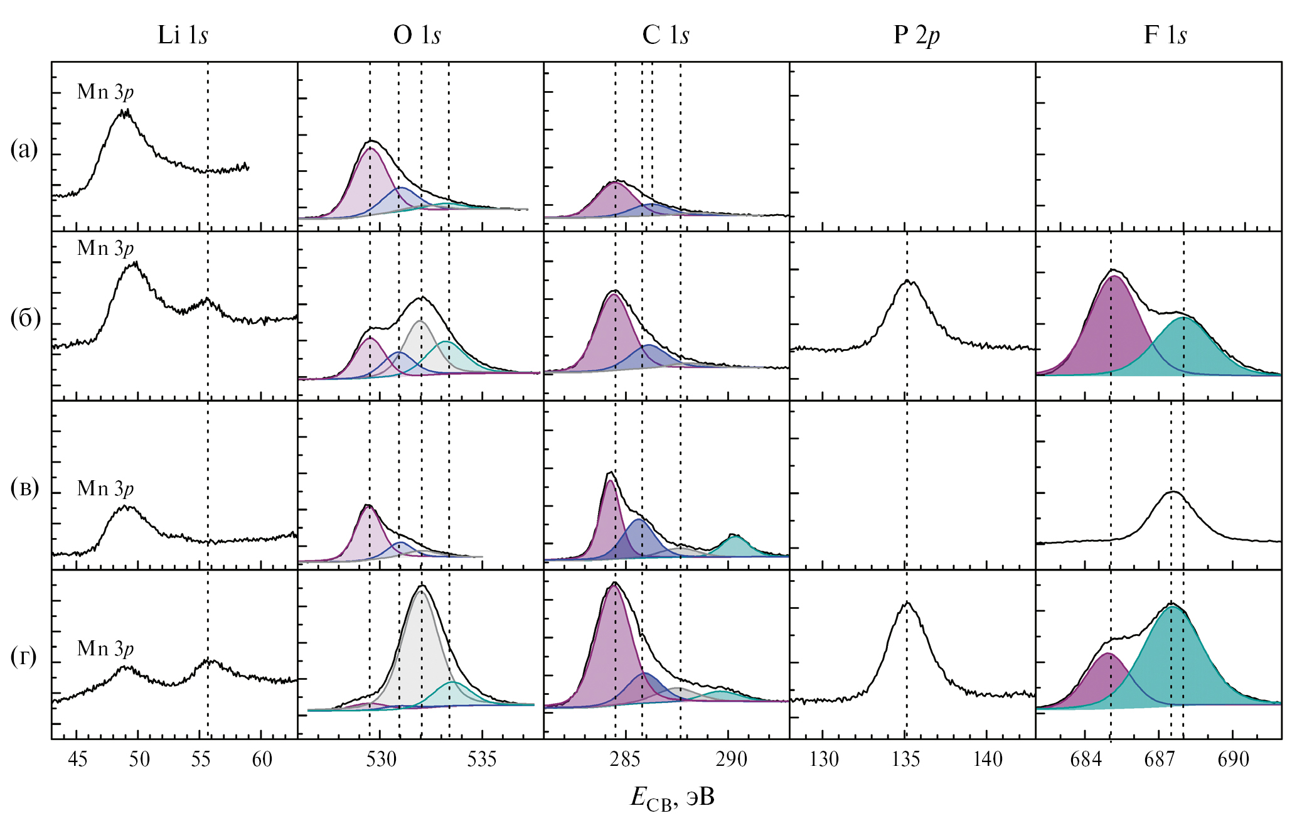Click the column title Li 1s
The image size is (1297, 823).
[x=183, y=35]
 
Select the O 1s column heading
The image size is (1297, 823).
[x=417, y=35]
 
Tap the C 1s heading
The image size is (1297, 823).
[x=665, y=35]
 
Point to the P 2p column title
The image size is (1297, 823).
[x=916, y=35]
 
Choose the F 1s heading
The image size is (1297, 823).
[x=1165, y=35]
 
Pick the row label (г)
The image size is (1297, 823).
[x=24, y=657]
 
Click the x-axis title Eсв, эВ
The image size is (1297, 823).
[x=672, y=798]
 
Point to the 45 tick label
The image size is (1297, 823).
[x=77, y=760]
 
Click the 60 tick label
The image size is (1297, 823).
[x=262, y=760]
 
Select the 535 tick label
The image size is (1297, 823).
[x=482, y=760]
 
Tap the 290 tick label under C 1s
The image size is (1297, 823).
[x=732, y=760]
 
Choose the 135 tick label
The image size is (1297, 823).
[x=905, y=760]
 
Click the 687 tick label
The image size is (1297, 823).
[x=1159, y=760]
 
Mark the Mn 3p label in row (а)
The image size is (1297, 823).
[x=105, y=92]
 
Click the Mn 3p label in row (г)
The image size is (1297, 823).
[x=105, y=648]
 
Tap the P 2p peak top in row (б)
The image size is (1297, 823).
[x=907, y=281]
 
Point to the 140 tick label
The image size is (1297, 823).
[x=988, y=760]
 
